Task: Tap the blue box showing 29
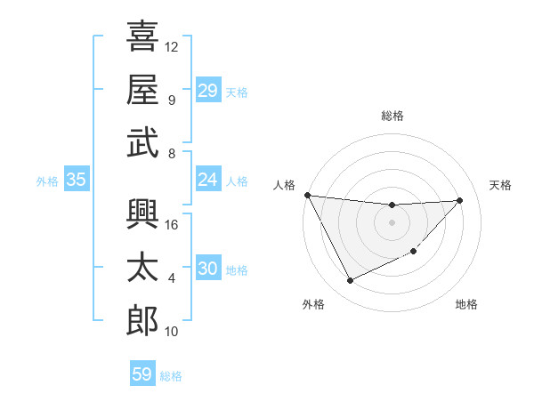(x=207, y=91)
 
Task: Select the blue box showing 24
(x=207, y=180)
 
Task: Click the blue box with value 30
(x=207, y=269)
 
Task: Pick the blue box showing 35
(x=76, y=180)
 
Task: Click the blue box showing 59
(x=142, y=374)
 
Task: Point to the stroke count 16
(x=173, y=224)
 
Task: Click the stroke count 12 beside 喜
(x=173, y=46)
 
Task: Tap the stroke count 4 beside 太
(x=172, y=277)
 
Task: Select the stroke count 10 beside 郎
(x=173, y=331)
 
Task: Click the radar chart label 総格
(x=392, y=116)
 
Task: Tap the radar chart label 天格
(x=500, y=185)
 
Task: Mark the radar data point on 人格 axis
(x=307, y=195)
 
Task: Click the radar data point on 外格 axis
(x=350, y=281)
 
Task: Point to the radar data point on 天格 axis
(x=460, y=200)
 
